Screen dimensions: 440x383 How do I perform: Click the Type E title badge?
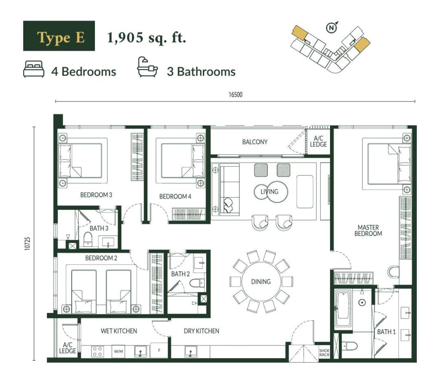click(x=59, y=36)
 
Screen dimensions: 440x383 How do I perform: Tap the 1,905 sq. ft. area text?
click(x=147, y=38)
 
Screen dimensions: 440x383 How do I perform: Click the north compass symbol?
click(x=332, y=27)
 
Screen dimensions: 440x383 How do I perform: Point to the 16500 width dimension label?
click(x=235, y=95)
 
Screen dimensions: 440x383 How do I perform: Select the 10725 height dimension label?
click(x=27, y=243)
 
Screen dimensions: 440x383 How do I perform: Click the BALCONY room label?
click(x=255, y=142)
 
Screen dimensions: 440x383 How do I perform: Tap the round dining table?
click(x=261, y=282)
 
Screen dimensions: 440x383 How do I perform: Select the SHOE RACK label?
click(x=324, y=352)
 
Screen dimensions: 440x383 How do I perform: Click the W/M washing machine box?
click(x=119, y=351)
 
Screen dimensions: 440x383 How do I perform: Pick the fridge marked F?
click(x=159, y=350)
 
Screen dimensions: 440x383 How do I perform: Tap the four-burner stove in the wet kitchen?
click(x=98, y=352)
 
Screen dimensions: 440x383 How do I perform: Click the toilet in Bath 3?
click(x=88, y=239)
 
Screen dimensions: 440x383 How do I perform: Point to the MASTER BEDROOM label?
click(x=368, y=230)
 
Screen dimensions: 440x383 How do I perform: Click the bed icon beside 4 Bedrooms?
click(x=34, y=69)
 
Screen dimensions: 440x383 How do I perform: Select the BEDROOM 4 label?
click(x=175, y=196)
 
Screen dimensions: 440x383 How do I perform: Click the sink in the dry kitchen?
click(x=191, y=352)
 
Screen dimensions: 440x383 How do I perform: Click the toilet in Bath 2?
click(x=197, y=283)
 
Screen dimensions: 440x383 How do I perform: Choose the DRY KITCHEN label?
click(x=202, y=331)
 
